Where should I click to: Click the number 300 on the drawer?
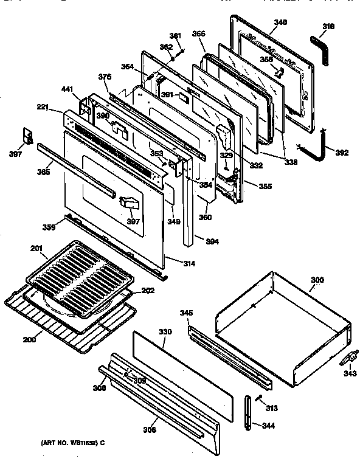[x=317, y=281]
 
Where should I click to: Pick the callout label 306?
[x=149, y=429]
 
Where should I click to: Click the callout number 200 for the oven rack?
[x=29, y=339]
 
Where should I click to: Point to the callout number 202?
[x=148, y=291]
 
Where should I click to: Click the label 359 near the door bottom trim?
[x=48, y=227]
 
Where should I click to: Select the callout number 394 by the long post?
[x=211, y=242]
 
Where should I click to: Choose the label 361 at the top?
[x=175, y=36]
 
